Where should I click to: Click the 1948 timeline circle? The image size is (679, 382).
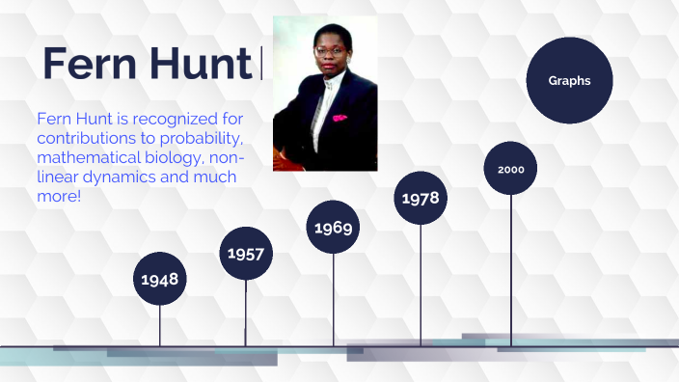[160, 279]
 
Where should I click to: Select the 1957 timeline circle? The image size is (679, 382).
[246, 254]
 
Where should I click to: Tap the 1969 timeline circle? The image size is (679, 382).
[334, 229]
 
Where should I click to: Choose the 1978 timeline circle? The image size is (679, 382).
[421, 198]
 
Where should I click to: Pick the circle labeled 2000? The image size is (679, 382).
[510, 169]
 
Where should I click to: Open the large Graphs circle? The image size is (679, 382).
[569, 81]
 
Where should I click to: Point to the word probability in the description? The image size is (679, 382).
[203, 139]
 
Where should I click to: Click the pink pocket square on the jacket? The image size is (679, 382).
[339, 118]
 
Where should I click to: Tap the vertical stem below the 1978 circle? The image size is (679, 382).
[421, 285]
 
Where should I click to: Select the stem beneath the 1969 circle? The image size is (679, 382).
[334, 299]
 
